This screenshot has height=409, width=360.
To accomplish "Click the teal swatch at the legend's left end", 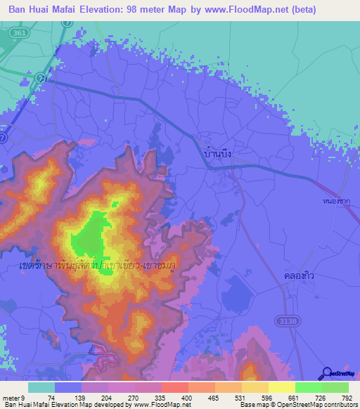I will click(x=41, y=387).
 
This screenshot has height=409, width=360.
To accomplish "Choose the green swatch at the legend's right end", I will click(x=335, y=387).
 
